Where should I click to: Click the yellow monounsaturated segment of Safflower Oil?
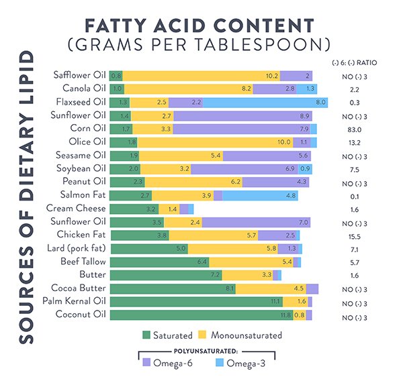pos(201,76)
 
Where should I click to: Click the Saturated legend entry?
pos(167,335)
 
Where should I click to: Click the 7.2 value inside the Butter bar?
pos(215,275)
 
